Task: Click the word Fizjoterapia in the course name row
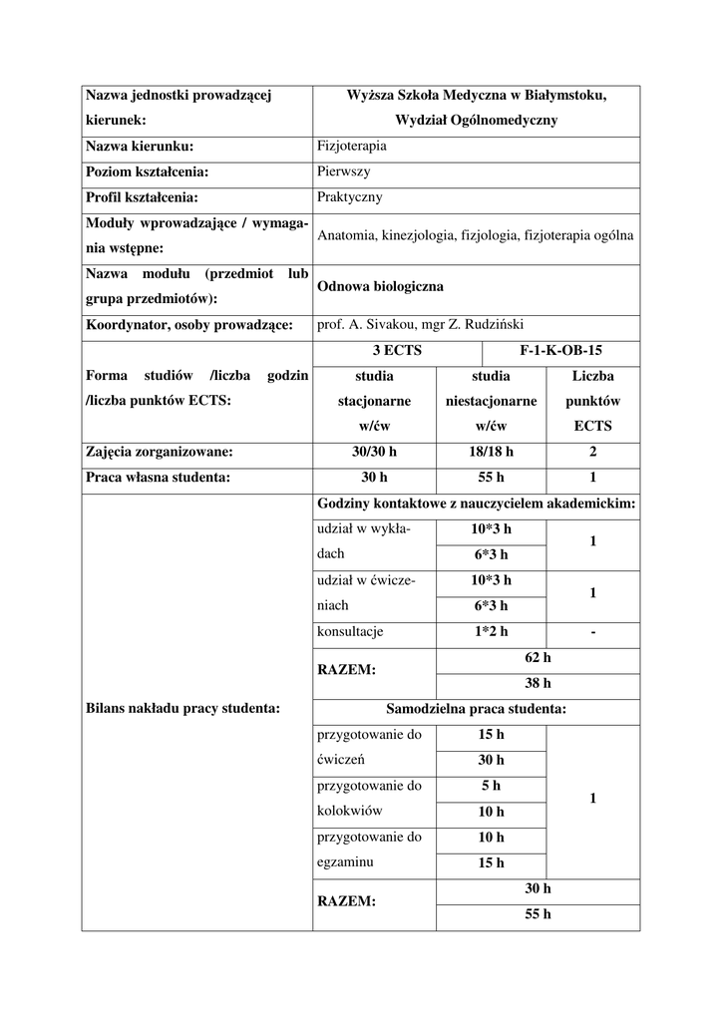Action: point(351,146)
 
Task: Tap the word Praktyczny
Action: point(349,197)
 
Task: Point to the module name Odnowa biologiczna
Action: point(380,286)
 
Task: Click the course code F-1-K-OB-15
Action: point(560,351)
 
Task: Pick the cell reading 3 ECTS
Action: point(397,351)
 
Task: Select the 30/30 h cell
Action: point(374,452)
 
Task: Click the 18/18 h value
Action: point(491,452)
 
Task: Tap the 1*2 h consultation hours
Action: point(491,631)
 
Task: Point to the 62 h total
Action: point(538,657)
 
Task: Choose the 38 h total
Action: point(538,683)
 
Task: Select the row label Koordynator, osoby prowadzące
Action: point(188,325)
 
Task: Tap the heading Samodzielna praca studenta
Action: point(476,709)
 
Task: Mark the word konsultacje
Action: point(350,631)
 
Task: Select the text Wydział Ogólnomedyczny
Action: point(476,120)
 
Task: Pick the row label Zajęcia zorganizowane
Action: point(160,452)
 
